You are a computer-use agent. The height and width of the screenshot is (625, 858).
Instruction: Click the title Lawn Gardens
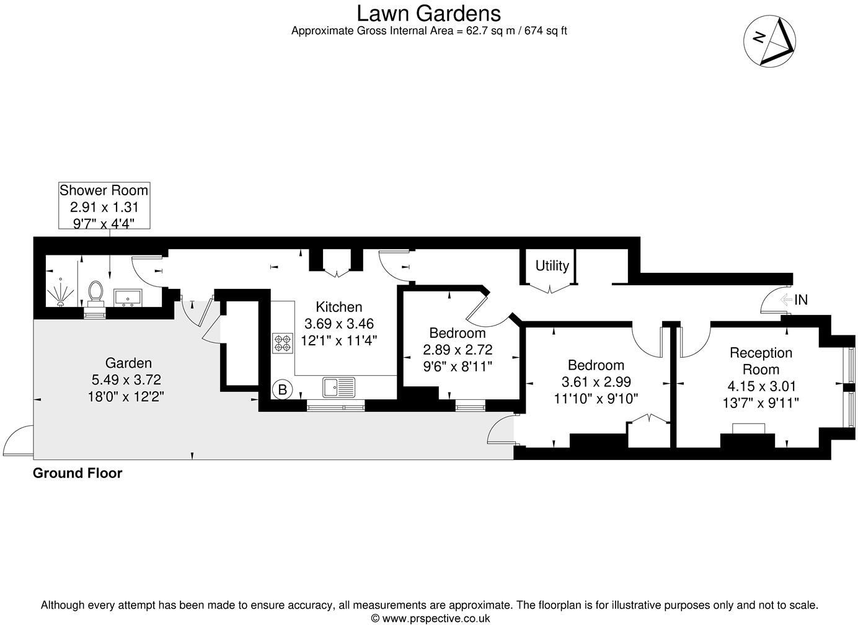[428, 12]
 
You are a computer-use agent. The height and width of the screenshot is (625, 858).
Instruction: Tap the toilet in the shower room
[96, 293]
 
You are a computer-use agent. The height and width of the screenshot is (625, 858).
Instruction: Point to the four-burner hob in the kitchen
[283, 344]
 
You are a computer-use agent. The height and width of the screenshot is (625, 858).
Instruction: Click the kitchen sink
[338, 387]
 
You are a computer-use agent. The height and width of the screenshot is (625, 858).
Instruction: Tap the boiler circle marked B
[283, 390]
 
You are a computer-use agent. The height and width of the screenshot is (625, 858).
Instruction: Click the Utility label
[552, 265]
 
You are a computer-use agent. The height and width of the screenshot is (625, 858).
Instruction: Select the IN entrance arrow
[794, 300]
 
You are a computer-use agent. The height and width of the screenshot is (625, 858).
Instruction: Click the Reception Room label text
[761, 361]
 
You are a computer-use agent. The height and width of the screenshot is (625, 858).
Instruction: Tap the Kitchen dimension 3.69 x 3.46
[339, 324]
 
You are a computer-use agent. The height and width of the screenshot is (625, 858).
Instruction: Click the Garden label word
[128, 363]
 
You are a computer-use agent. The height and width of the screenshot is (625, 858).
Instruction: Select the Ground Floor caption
[77, 473]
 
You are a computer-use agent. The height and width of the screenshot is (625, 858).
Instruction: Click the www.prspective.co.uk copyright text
[430, 618]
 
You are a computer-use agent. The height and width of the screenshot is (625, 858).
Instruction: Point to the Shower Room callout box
[104, 206]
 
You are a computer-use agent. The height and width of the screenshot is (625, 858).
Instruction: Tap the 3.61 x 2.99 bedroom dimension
[596, 382]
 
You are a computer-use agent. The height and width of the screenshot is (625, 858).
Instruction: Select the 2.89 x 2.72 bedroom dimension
[458, 350]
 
